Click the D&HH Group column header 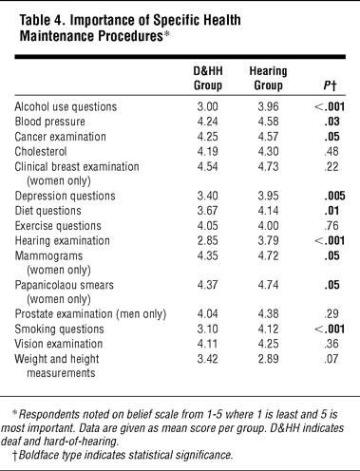point(208,78)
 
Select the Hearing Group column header point(268,78)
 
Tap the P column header point(330,85)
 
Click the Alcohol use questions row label point(66,106)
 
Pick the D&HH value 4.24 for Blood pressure point(208,122)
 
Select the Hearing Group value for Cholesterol point(268,152)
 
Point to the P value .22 point(332,166)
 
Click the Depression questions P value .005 point(334,196)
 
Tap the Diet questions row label point(47,211)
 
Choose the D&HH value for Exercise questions point(208,226)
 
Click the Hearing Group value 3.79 point(268,240)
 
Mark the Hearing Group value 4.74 point(268,285)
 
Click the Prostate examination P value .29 point(332,313)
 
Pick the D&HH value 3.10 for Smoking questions point(208,329)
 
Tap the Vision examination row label point(59,344)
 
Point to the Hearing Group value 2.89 point(268,359)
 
